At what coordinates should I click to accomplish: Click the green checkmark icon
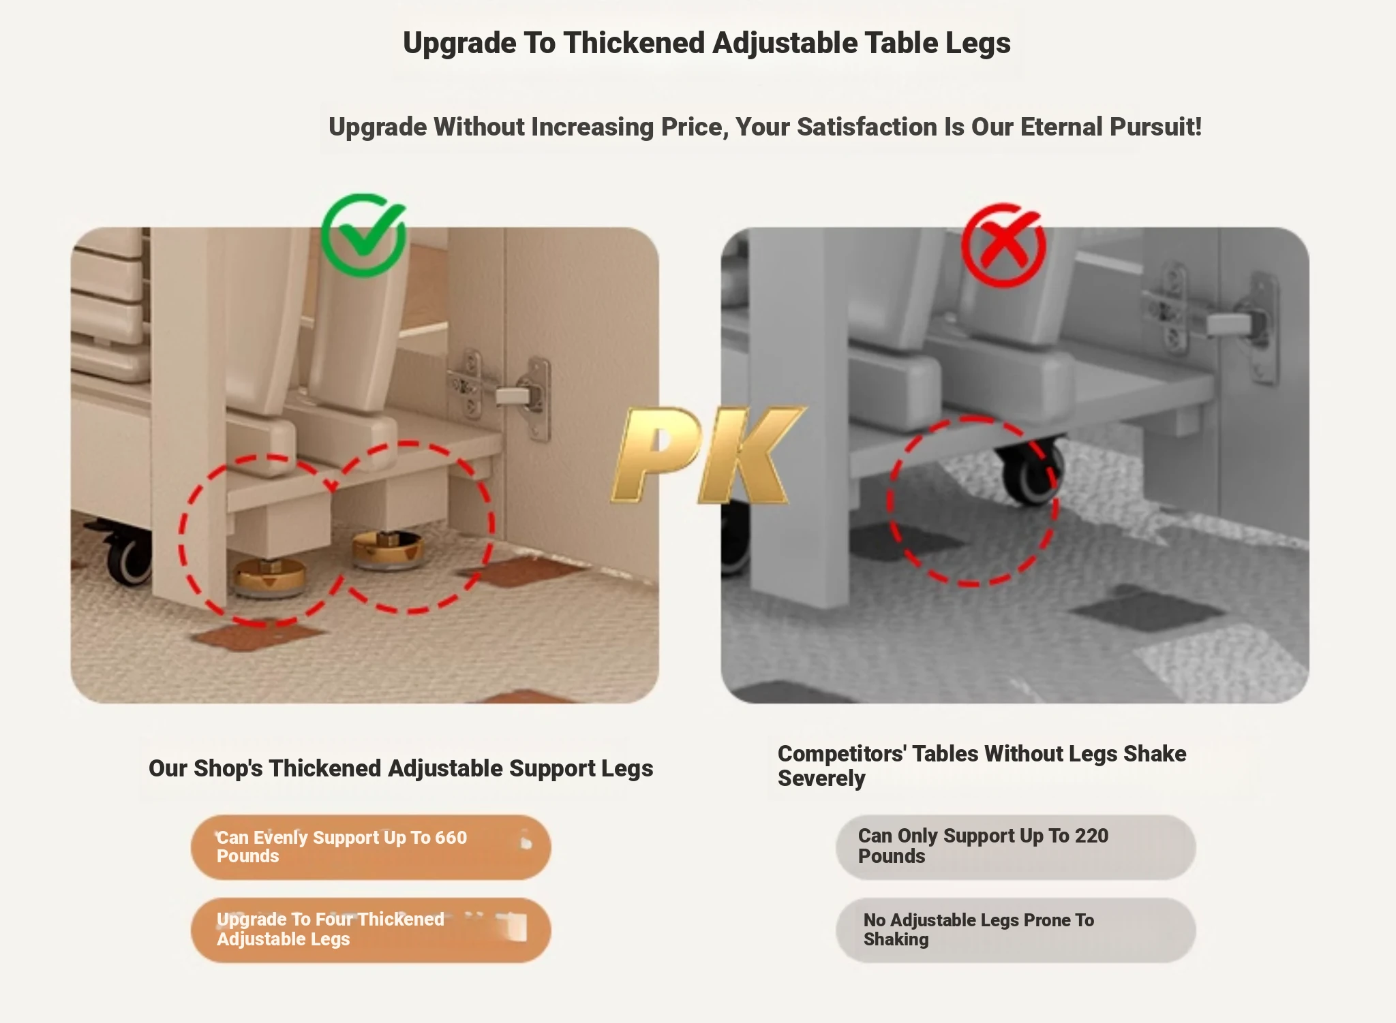tap(364, 235)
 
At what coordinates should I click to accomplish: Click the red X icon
tap(1003, 245)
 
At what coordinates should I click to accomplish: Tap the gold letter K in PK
tap(750, 455)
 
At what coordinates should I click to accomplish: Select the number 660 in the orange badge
tap(451, 837)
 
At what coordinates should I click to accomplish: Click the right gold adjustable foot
tap(387, 548)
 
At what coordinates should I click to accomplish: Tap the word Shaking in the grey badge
tap(896, 939)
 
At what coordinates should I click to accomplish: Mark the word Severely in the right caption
tap(821, 778)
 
